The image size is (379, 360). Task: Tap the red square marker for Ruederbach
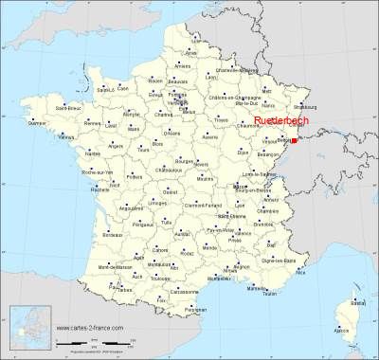click(x=294, y=140)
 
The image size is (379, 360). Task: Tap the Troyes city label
click(x=221, y=120)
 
